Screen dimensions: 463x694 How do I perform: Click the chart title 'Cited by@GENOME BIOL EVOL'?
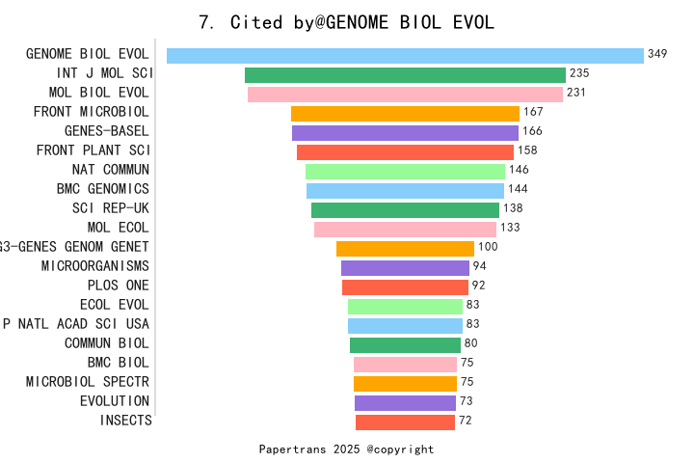click(347, 22)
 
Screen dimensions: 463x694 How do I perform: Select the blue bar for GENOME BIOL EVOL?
click(405, 55)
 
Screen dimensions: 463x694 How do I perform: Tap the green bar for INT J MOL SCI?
click(405, 74)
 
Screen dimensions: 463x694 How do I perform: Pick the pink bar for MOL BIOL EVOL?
click(405, 94)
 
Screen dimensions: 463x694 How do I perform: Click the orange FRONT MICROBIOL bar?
click(405, 113)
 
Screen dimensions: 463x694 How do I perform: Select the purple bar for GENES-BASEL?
click(405, 132)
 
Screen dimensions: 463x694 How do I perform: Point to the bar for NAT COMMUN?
click(405, 171)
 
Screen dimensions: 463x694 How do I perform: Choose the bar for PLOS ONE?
click(405, 286)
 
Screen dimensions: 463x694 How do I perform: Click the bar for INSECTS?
click(405, 422)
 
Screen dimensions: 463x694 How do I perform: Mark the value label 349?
click(657, 54)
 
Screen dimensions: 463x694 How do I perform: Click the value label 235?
click(579, 73)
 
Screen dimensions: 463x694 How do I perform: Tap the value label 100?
click(488, 247)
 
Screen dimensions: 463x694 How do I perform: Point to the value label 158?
click(527, 150)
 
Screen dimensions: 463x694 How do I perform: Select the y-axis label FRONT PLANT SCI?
click(93, 150)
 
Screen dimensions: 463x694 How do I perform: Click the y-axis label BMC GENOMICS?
click(103, 189)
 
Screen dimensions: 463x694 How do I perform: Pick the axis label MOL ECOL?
click(118, 228)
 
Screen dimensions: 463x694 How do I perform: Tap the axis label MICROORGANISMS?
click(95, 266)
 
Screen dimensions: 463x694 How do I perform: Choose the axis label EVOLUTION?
click(115, 401)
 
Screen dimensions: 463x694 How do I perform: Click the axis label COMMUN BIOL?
click(107, 343)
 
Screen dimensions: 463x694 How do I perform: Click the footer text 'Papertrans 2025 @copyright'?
click(346, 449)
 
